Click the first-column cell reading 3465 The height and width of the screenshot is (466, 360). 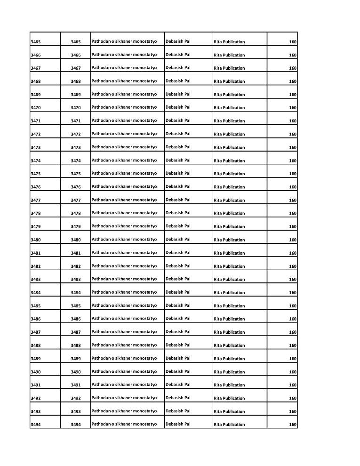point(35,42)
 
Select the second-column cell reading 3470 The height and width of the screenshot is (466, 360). point(76,108)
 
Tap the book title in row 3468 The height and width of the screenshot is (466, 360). point(124,81)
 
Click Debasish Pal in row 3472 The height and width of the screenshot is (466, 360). point(178,134)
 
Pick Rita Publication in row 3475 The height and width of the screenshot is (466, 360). point(229,174)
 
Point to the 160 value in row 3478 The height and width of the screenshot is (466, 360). point(293,213)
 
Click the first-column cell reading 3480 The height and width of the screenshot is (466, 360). point(35,240)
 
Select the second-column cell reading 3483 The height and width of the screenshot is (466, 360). point(76,280)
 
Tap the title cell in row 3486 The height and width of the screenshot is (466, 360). point(124,319)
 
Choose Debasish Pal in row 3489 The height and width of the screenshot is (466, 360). point(178,358)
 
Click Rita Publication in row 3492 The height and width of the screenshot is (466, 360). point(229,398)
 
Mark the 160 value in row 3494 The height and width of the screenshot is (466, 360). point(293,425)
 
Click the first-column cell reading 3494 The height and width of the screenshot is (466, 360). point(35,425)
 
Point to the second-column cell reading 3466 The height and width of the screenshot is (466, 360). point(76,55)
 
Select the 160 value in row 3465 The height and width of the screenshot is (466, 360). point(293,42)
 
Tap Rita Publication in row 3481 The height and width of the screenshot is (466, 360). point(229,253)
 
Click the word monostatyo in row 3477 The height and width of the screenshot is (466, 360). point(144,200)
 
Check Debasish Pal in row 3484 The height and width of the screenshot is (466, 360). point(178,292)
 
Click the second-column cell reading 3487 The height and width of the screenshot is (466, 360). point(76,332)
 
